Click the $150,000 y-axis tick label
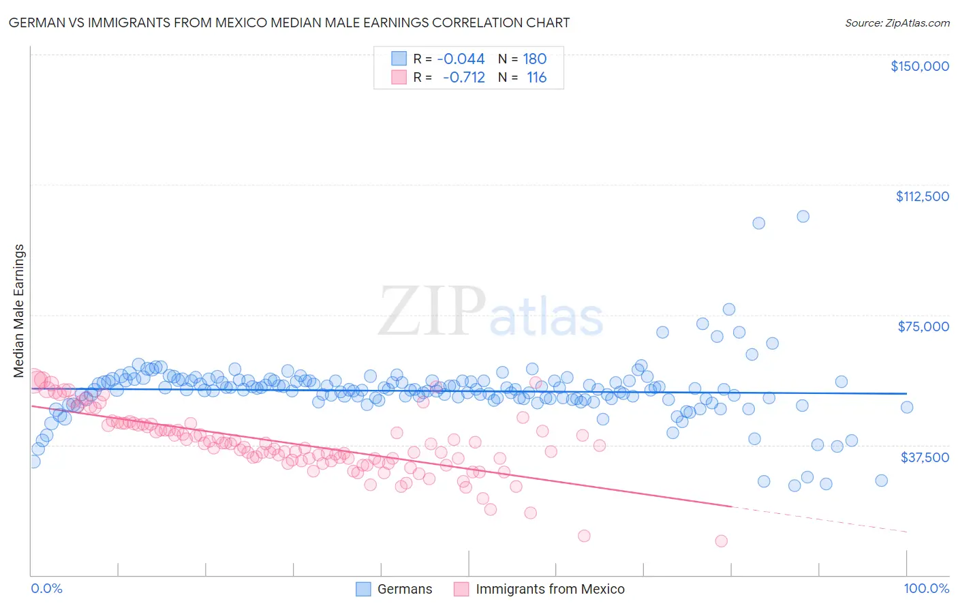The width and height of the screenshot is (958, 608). click(919, 66)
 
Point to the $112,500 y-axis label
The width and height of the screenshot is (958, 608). click(922, 196)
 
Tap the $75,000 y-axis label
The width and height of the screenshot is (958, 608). click(923, 326)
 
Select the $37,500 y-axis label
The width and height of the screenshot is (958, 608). click(924, 457)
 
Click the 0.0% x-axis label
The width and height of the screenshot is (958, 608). click(46, 588)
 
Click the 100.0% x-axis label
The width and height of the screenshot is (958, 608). click(926, 588)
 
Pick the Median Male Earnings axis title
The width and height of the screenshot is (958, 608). click(18, 311)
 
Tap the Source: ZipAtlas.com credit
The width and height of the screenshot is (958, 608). click(897, 22)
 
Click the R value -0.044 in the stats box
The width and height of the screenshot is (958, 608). click(461, 59)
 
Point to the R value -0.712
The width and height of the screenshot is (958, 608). click(463, 77)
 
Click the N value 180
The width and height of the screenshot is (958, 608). click(535, 59)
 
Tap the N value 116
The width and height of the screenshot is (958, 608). click(536, 77)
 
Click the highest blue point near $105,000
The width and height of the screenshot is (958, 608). click(803, 216)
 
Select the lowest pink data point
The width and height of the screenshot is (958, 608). click(721, 541)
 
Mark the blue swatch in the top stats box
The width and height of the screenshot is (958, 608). click(399, 59)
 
